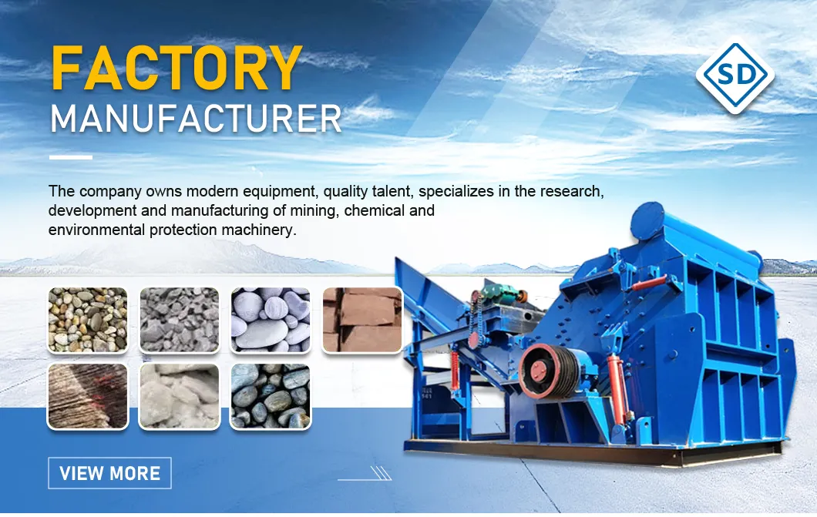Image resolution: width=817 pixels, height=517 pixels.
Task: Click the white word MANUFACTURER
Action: click(196, 119)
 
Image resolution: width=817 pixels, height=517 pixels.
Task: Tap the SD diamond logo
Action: click(735, 75)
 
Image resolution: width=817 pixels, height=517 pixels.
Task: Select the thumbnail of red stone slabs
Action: click(362, 320)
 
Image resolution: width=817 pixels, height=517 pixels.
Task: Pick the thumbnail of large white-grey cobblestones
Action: click(271, 320)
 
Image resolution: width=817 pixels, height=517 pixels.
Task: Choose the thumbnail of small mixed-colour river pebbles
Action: click(87, 320)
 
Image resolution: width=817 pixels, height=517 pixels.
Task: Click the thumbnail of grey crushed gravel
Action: click(179, 320)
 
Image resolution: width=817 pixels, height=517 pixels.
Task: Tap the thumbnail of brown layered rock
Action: click(87, 396)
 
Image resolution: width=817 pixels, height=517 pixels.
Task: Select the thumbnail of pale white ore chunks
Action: click(179, 396)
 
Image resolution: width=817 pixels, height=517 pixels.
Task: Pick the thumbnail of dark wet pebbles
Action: click(271, 396)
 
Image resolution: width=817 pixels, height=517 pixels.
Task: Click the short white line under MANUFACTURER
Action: click(70, 158)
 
